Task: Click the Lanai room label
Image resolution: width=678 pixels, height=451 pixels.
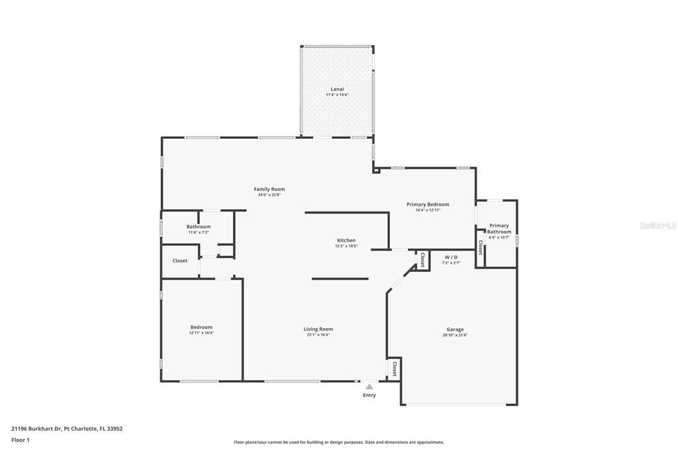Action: [x=337, y=89]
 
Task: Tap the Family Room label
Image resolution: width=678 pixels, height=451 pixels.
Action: [x=269, y=189]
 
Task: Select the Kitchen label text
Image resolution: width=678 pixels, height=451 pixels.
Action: [x=346, y=240]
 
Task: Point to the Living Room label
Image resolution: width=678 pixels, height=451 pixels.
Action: [x=318, y=329]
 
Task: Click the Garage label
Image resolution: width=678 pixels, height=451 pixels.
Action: [x=455, y=329]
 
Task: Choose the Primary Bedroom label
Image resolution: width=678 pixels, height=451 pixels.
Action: [x=428, y=204]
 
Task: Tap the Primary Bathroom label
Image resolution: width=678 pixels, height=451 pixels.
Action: [x=499, y=228]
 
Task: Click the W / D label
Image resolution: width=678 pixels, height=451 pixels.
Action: [x=451, y=257]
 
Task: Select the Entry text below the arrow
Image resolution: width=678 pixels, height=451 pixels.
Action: [x=369, y=395]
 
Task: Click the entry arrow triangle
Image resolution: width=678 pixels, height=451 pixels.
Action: [x=369, y=387]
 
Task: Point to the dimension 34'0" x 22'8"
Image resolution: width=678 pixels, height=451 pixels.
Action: [x=269, y=195]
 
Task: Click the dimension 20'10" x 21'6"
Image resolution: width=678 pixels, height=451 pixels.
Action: [x=455, y=335]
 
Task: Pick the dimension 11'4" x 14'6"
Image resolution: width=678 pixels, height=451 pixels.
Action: [x=337, y=95]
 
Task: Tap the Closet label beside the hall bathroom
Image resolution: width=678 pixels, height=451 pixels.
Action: [x=180, y=261]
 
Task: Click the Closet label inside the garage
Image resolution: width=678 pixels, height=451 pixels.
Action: [x=395, y=369]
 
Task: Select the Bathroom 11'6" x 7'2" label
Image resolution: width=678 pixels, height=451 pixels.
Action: [x=199, y=229]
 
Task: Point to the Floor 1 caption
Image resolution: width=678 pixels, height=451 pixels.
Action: [x=21, y=440]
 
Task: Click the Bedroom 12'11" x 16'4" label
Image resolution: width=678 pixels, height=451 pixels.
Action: [x=201, y=329]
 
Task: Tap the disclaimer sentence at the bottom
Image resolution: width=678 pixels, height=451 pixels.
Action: [x=339, y=442]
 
